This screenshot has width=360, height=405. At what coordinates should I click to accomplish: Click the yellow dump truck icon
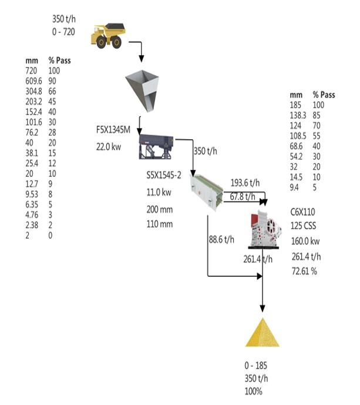(109, 36)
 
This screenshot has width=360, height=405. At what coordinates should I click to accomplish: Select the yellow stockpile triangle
(263, 333)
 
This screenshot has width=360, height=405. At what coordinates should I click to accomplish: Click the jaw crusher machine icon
(265, 229)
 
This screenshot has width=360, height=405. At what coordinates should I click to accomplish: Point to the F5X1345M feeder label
(113, 130)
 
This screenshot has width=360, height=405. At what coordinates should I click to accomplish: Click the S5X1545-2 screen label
(164, 175)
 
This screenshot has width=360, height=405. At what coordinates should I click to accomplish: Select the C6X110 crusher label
(302, 212)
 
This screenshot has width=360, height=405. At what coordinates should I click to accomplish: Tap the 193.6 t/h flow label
(245, 183)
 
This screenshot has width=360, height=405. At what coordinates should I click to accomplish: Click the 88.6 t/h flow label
(221, 239)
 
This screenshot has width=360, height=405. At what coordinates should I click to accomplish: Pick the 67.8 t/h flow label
(243, 196)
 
